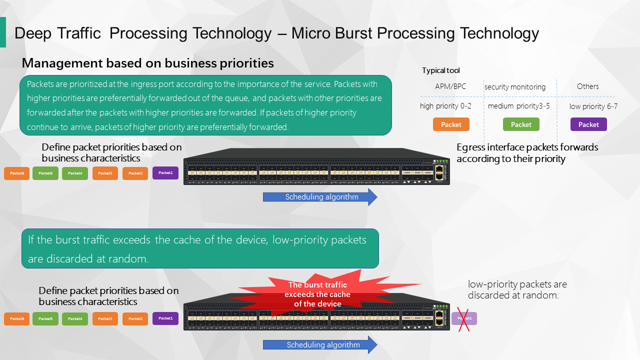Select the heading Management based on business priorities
tap(148, 63)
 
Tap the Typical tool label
tap(440, 70)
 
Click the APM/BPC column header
tap(450, 86)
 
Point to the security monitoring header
tap(514, 87)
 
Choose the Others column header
tap(587, 86)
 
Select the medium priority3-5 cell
tap(518, 106)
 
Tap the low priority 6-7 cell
tap(593, 106)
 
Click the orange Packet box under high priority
tap(451, 124)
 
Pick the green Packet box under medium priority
tap(521, 124)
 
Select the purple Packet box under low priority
tap(588, 124)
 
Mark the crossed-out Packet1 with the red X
tap(464, 318)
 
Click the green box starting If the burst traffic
tap(200, 248)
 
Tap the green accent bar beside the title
tap(3, 32)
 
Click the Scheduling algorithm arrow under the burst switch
tap(320, 345)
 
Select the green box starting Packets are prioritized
tap(205, 105)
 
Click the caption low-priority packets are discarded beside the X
tap(517, 289)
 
